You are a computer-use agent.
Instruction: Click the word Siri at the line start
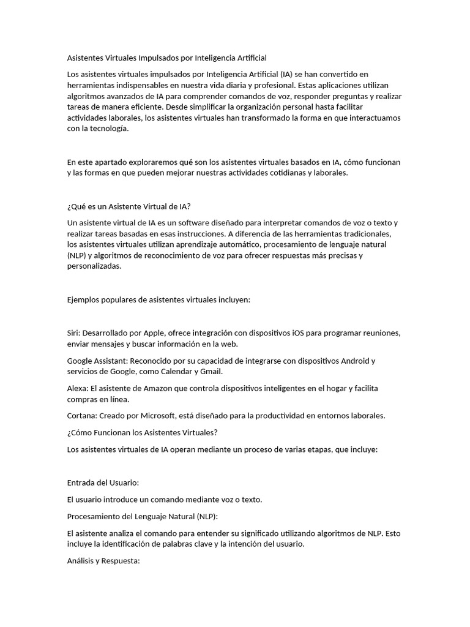pos(74,333)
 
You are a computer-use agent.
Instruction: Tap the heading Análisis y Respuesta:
pos(104,560)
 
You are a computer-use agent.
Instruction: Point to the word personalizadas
pos(94,267)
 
